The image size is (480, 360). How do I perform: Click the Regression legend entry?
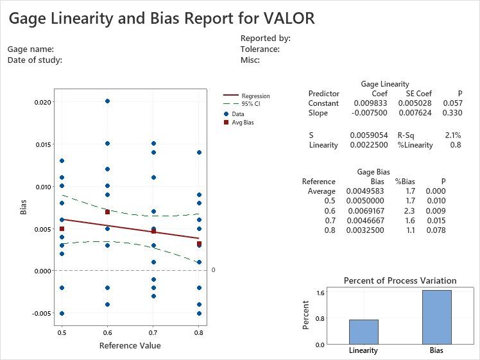(x=255, y=96)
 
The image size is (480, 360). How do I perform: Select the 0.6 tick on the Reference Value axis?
(x=107, y=333)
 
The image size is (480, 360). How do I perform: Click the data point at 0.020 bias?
(x=107, y=101)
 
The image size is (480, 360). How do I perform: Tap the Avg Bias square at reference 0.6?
(x=107, y=212)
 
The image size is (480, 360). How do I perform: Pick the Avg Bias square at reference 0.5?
(x=62, y=228)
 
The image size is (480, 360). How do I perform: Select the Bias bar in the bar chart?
(x=436, y=317)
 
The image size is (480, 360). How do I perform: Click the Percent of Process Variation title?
(x=400, y=280)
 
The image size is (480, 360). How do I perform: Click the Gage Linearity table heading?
(x=385, y=84)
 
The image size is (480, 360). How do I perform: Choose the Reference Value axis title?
(x=130, y=346)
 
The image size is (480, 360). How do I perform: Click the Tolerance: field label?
(x=260, y=49)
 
